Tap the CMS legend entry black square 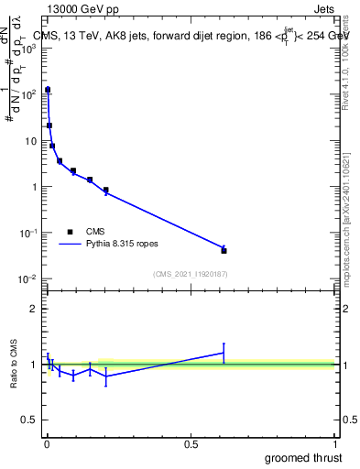[x=70, y=232]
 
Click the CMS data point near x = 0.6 [x=224, y=250]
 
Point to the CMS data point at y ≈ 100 [x=48, y=90]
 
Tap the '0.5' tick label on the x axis [x=191, y=443]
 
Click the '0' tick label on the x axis [x=47, y=443]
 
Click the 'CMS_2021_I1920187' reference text [x=190, y=273]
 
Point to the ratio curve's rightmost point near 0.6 [x=224, y=353]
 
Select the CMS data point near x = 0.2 [x=106, y=190]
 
